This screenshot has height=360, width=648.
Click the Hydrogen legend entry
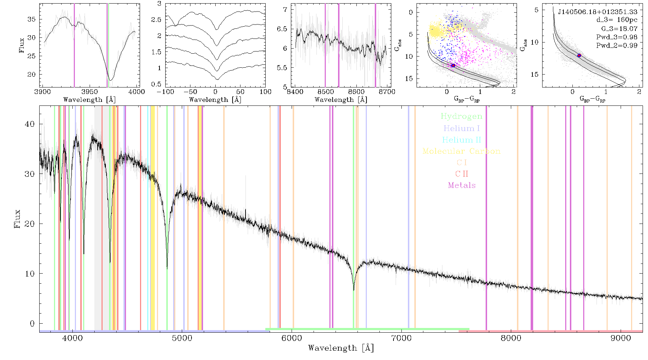[x=461, y=117]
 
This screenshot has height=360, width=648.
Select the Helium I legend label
[x=462, y=128]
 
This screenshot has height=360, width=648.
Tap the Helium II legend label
[x=462, y=140]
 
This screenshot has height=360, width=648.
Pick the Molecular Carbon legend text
[x=462, y=151]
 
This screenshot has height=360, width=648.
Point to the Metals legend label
[x=462, y=185]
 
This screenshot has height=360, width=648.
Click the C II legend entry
[x=462, y=174]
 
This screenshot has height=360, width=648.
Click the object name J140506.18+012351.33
[x=598, y=12]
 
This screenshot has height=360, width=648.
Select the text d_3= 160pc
[x=617, y=20]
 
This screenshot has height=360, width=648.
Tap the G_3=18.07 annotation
[x=619, y=29]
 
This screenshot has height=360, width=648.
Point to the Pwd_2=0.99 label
[x=617, y=46]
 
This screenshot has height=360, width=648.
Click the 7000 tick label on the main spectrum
[x=401, y=338]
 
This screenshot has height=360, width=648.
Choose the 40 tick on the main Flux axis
[x=30, y=124]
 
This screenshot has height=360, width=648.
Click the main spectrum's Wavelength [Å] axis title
[x=341, y=348]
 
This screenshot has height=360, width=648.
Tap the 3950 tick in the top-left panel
[x=90, y=92]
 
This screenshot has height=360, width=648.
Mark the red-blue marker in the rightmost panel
[x=579, y=55]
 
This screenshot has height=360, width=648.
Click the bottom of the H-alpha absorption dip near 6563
[x=354, y=290]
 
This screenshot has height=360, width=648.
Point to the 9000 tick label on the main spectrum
[x=621, y=338]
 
